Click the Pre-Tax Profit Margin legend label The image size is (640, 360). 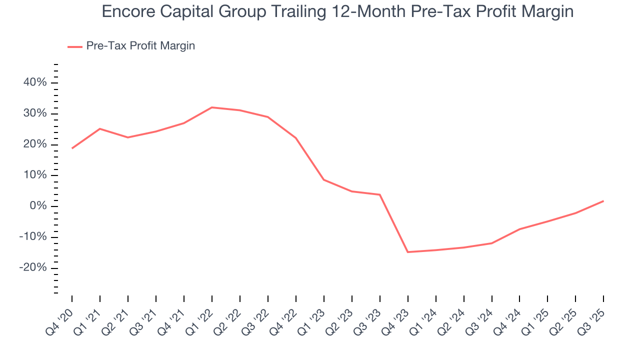tap(140, 46)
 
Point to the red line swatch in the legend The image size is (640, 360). tap(75, 46)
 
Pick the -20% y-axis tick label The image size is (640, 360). tap(33, 268)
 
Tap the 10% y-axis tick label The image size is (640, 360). tap(35, 175)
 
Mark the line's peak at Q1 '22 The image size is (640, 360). tap(212, 107)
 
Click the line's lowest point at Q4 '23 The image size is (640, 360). tap(408, 252)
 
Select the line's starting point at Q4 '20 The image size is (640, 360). tap(72, 148)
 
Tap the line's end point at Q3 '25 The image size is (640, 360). tap(603, 201)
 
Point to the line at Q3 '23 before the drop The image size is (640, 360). tap(380, 194)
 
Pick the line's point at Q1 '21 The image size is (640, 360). tap(100, 128)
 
